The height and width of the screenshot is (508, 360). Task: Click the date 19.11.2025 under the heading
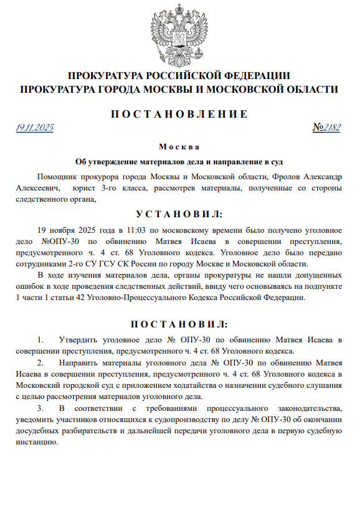click(35, 128)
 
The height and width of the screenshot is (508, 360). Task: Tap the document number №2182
click(327, 128)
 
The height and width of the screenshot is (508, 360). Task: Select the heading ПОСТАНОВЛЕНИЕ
click(179, 114)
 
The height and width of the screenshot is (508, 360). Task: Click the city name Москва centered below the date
click(179, 147)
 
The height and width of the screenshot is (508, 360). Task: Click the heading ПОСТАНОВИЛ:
click(179, 324)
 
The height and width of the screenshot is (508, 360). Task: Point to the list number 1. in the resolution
click(41, 340)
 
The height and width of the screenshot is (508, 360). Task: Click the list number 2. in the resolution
click(41, 362)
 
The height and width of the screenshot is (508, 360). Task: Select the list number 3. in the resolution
click(41, 408)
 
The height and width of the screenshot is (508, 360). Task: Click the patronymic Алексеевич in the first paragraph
click(38, 187)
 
